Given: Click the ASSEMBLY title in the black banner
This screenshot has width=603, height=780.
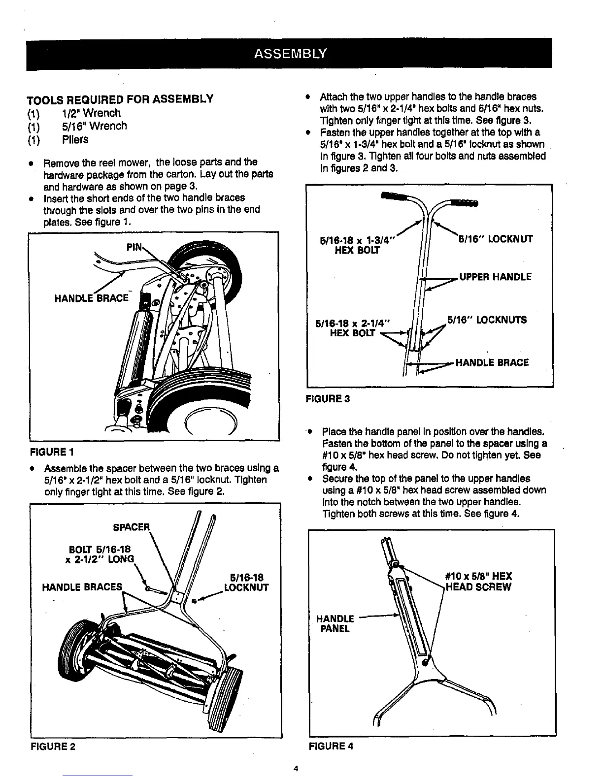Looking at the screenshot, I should click(290, 53).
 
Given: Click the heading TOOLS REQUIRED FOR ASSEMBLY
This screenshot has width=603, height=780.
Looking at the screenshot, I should click(120, 99).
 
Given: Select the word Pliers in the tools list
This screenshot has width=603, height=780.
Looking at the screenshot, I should click(75, 140).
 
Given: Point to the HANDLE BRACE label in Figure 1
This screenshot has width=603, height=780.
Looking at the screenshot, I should click(92, 298).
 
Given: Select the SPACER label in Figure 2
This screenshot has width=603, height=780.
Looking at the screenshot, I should click(131, 527).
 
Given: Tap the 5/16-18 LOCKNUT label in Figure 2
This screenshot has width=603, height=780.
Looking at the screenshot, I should click(246, 582).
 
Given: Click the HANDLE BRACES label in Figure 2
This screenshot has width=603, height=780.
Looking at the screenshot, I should click(82, 587).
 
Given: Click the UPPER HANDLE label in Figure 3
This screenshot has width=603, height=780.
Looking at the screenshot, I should click(495, 277).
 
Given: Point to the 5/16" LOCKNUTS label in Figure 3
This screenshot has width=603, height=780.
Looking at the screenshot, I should click(487, 320).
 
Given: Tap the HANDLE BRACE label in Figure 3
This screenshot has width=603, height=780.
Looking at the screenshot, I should click(492, 363).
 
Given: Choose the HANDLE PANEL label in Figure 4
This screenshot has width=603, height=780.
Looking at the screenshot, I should click(335, 623).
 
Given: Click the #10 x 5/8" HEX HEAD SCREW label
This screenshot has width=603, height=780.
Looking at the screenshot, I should click(478, 582).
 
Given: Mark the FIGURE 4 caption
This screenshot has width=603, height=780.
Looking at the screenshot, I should click(331, 747).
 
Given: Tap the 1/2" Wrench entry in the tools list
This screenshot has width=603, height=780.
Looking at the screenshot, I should click(91, 113).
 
